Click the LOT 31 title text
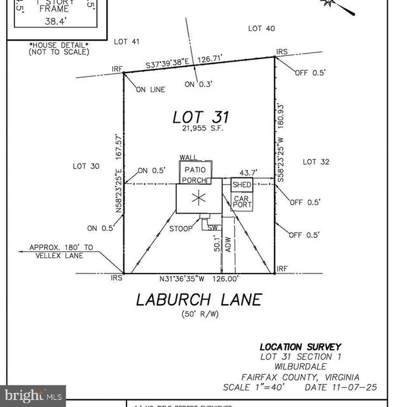(x=200, y=118)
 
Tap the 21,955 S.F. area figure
(x=200, y=131)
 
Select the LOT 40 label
(x=261, y=29)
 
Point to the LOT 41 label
(x=127, y=41)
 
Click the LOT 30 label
(x=86, y=166)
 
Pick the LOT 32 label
(x=316, y=162)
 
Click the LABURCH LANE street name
(x=199, y=300)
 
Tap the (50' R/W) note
(x=199, y=315)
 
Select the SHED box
(x=242, y=184)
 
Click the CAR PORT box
(x=242, y=202)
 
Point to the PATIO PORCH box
(x=193, y=175)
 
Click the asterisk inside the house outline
(x=199, y=199)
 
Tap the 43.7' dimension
(x=248, y=172)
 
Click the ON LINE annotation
(x=150, y=90)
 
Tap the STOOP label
(x=181, y=228)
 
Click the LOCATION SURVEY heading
(x=300, y=347)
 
